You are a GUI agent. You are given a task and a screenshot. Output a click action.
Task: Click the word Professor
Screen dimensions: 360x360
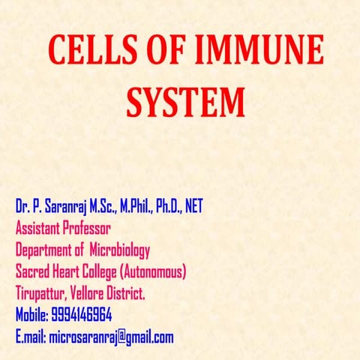[85, 227]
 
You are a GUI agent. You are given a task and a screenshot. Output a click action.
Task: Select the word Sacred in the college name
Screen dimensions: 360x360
[34, 271]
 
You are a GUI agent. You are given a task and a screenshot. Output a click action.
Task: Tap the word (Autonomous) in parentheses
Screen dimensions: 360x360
[153, 271]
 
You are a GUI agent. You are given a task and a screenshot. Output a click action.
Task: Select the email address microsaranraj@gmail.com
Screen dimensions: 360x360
[111, 337]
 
